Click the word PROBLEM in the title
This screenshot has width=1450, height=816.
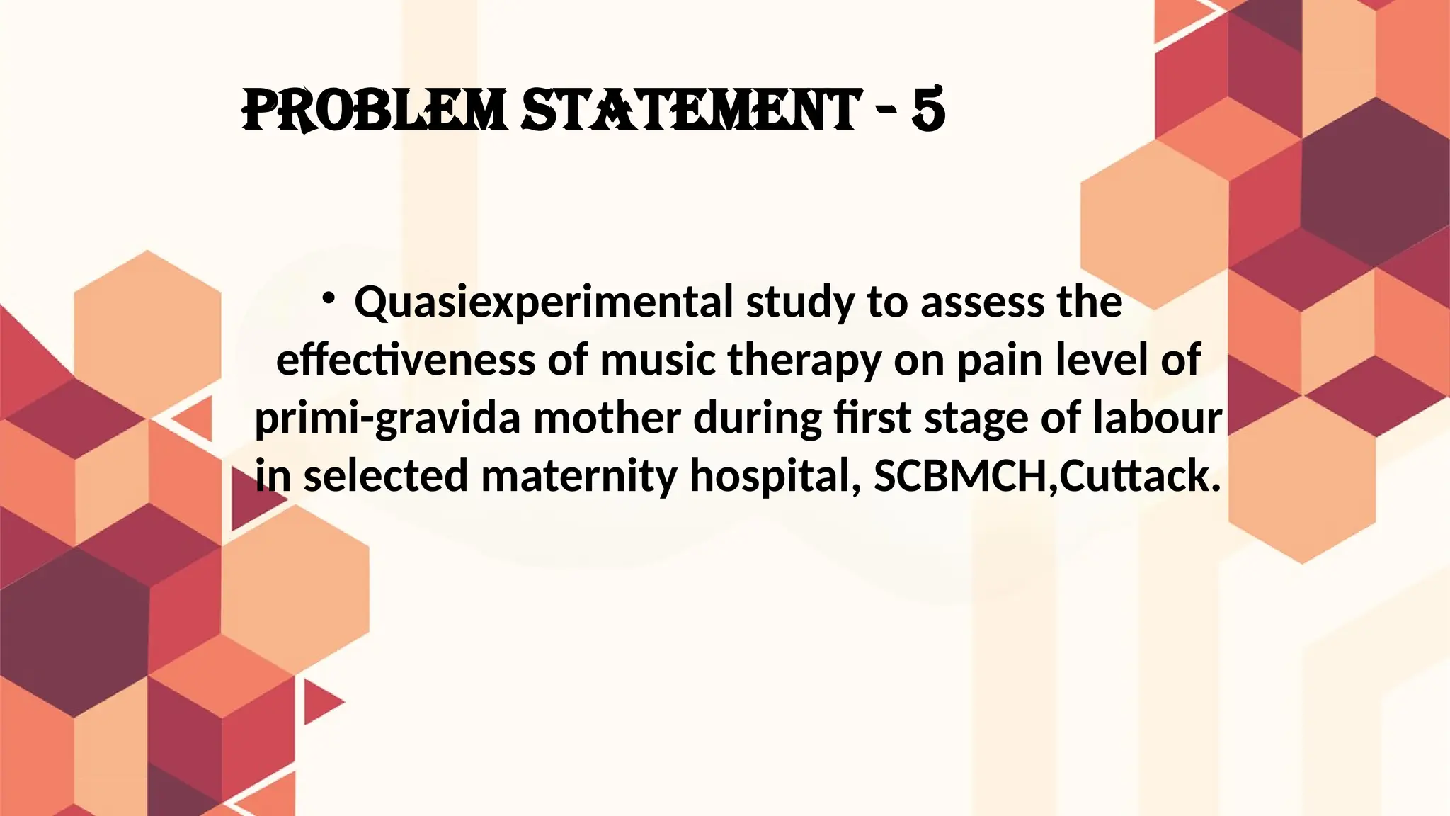click(x=375, y=110)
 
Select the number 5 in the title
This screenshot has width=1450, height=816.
click(x=928, y=110)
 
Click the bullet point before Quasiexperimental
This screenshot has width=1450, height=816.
click(x=328, y=299)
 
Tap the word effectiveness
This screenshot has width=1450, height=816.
click(x=406, y=360)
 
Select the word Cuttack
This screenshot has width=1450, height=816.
click(x=1140, y=476)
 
